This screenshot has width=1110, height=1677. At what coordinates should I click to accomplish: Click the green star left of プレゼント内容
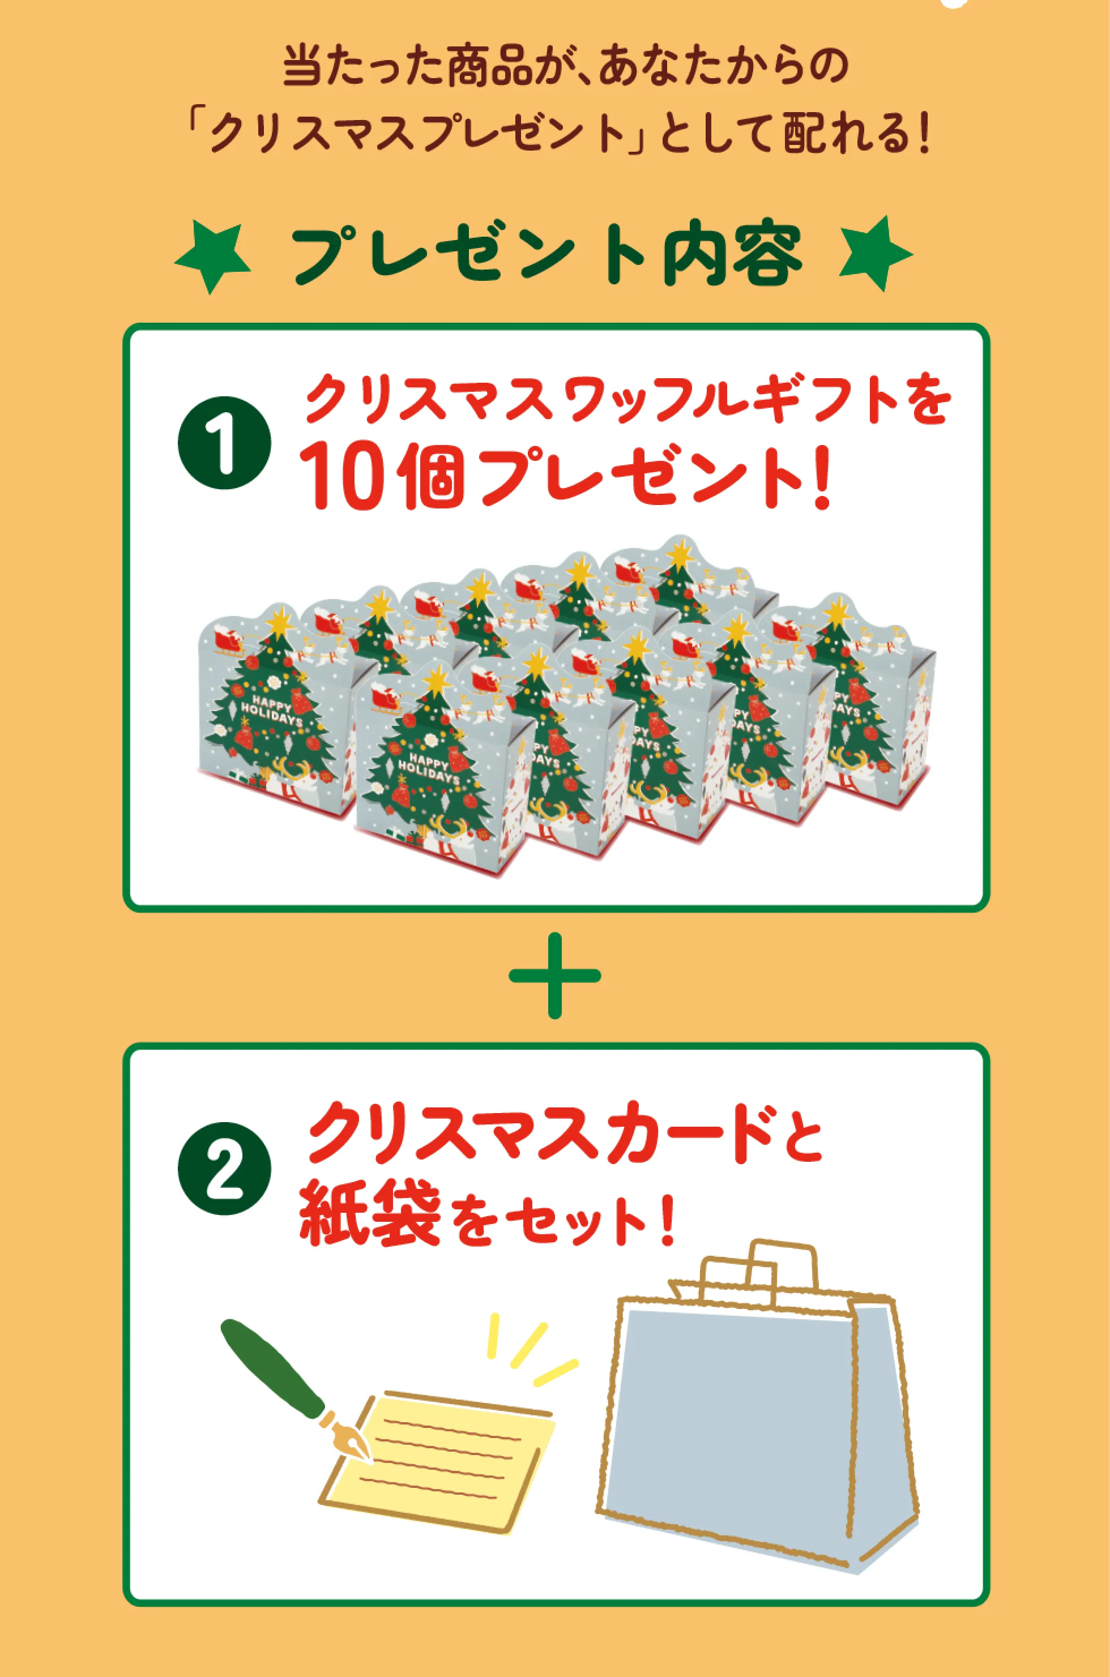[212, 255]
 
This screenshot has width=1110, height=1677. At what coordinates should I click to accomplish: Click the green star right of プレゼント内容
[876, 253]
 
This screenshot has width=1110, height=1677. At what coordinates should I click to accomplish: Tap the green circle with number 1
[224, 442]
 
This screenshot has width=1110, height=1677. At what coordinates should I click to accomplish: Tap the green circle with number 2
[224, 1168]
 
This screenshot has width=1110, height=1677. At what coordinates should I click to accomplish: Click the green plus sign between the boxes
[555, 976]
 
